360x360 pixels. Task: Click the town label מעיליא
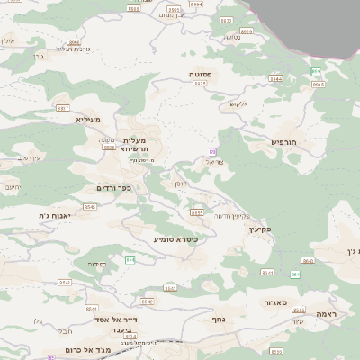click(88, 119)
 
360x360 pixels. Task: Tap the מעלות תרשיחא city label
click(140, 143)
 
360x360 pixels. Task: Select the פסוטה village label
click(200, 74)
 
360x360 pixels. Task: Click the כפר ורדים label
click(113, 187)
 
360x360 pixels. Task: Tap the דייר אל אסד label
click(118, 319)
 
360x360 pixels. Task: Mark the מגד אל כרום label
click(87, 349)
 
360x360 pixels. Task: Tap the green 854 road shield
click(130, 260)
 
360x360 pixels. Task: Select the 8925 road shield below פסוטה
click(200, 84)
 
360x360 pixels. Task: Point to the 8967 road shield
click(62, 108)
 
